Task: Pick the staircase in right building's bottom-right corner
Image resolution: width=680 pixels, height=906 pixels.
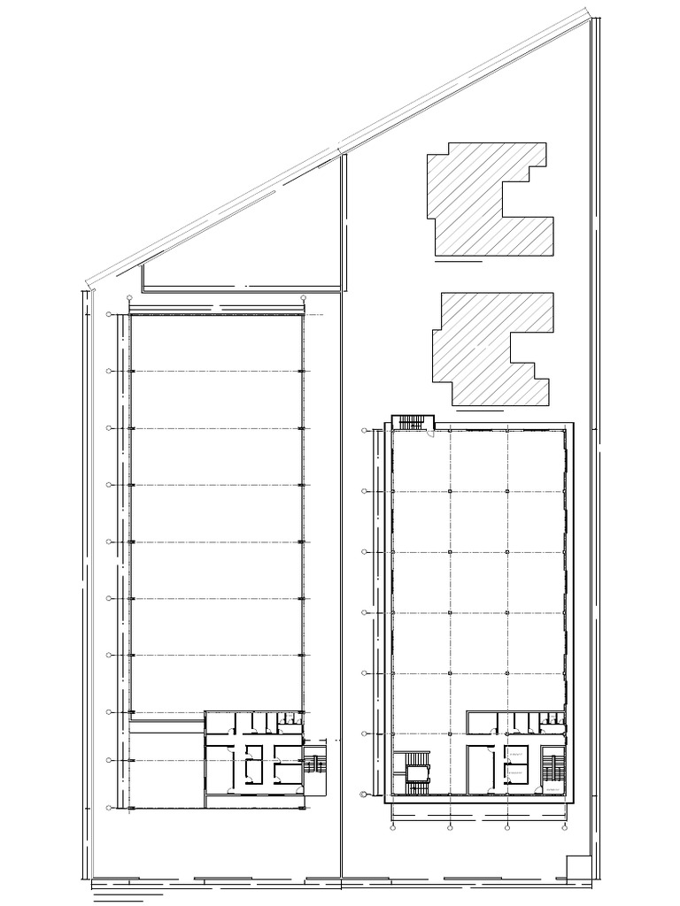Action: (x=553, y=768)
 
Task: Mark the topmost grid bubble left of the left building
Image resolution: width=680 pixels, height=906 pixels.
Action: (x=109, y=314)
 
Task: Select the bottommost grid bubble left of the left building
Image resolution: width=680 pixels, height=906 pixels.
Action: (x=109, y=807)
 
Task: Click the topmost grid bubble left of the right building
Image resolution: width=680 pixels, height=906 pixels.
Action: (x=365, y=431)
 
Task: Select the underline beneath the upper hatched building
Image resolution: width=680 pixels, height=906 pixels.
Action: (x=459, y=262)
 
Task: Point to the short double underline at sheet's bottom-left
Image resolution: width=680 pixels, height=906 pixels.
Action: (x=117, y=900)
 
